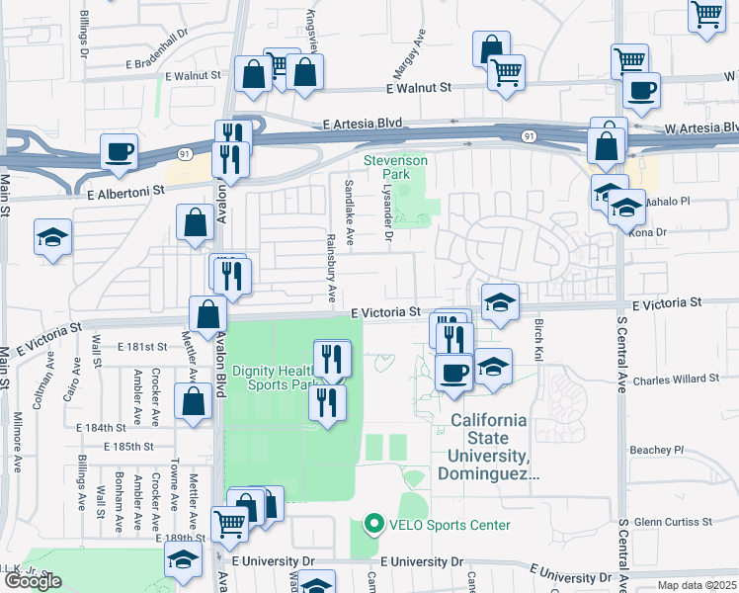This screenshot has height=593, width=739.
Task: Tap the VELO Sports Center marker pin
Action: tap(372, 524)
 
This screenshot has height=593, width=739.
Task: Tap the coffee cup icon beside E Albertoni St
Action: tap(119, 152)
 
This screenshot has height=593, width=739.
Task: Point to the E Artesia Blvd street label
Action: tap(364, 124)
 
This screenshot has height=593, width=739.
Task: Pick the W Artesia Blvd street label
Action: tap(699, 127)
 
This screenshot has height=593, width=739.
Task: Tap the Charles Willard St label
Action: tap(676, 379)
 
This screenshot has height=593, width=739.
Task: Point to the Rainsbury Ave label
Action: tap(332, 268)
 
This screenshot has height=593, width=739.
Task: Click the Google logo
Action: tap(33, 581)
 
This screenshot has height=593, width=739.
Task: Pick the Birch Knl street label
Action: tap(538, 339)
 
